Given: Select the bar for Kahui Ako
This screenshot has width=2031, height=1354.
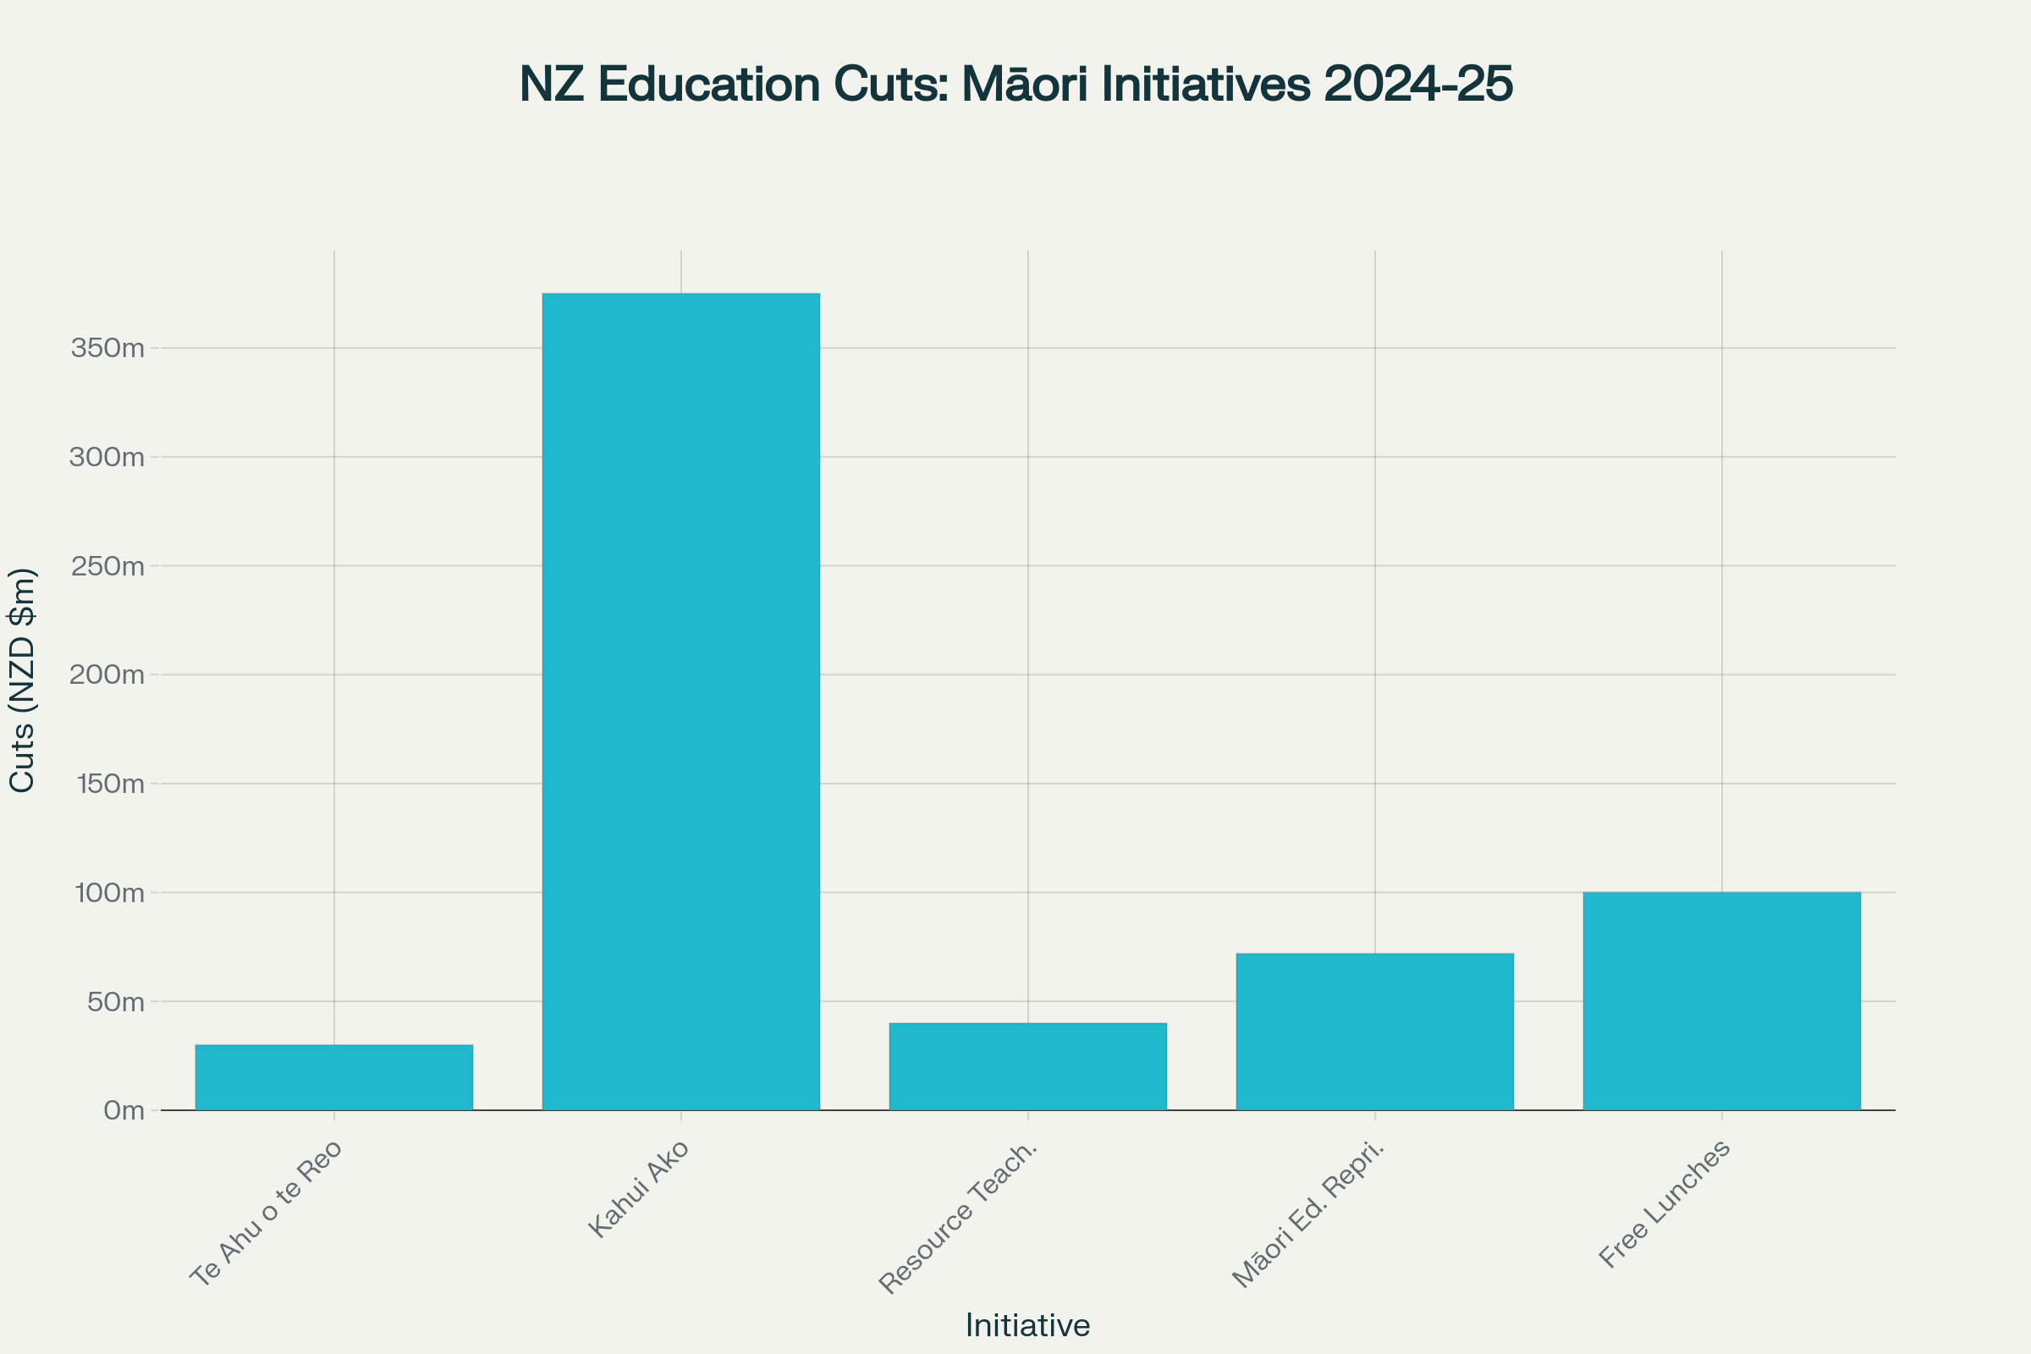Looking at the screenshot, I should tap(680, 702).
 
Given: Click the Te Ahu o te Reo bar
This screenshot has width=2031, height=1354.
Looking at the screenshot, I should tap(334, 1076).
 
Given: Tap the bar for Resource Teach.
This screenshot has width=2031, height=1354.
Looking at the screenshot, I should tap(1027, 1066).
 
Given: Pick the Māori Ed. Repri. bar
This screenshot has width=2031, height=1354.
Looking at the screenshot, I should tap(1374, 1031).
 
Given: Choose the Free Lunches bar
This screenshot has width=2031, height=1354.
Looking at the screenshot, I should tap(1722, 1001).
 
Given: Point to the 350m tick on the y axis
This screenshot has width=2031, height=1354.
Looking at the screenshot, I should tap(108, 349).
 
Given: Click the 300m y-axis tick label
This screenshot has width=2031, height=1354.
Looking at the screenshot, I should tap(107, 458).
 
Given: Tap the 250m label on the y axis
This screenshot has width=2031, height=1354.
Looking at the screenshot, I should tap(107, 566).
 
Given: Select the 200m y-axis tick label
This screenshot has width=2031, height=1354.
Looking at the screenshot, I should tap(107, 675).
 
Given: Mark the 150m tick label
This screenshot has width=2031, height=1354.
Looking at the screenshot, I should tap(110, 784).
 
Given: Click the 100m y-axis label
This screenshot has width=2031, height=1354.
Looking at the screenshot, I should tap(110, 893).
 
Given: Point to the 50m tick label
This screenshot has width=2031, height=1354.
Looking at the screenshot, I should tap(114, 1002).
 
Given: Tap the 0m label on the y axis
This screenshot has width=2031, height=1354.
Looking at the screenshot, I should tap(124, 1110).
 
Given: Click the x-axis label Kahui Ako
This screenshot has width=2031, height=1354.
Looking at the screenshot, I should tap(639, 1188).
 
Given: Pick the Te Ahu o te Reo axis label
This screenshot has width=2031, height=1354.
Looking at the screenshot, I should tap(266, 1214).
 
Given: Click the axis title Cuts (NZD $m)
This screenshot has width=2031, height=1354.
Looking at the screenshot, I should tap(23, 680).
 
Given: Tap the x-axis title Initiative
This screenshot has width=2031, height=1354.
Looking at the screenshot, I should tap(1027, 1324).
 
